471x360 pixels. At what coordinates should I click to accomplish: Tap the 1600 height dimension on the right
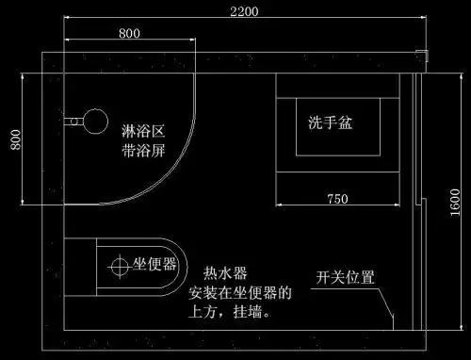[x=454, y=200]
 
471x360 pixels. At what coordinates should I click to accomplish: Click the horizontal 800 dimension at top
[x=130, y=33]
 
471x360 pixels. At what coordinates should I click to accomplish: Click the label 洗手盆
[x=331, y=123]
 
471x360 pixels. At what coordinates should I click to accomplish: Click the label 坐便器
[x=154, y=264]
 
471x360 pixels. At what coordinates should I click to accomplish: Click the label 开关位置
[x=345, y=277]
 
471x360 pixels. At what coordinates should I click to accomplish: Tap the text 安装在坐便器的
[x=240, y=292]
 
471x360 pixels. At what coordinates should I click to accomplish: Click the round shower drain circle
[x=95, y=120]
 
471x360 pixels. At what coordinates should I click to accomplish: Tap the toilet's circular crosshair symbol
[x=120, y=266]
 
